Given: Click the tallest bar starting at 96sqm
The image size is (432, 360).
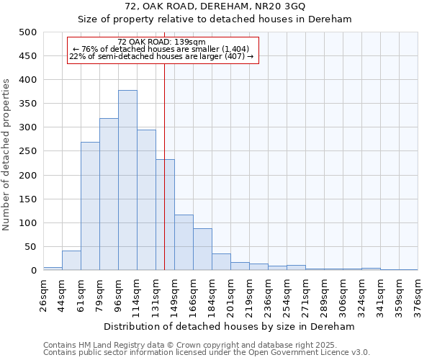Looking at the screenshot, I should [x=127, y=180].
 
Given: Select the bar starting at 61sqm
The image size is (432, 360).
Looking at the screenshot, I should [x=90, y=206].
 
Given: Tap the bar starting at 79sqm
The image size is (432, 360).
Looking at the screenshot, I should [x=109, y=194].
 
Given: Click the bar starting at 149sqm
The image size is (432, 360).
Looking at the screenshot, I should [x=184, y=243].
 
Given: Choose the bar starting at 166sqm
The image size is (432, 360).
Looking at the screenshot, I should [x=202, y=249].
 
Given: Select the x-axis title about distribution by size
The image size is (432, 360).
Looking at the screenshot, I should [x=230, y=326].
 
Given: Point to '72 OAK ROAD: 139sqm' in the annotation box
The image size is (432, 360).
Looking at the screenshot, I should [x=161, y=42].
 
